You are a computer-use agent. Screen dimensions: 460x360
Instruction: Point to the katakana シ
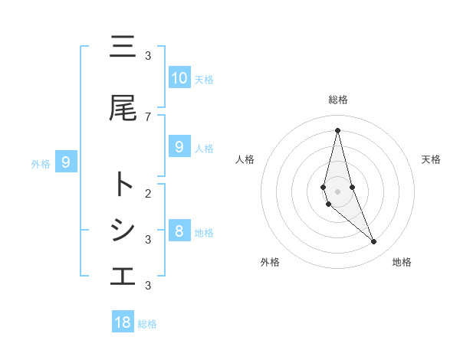(123, 231)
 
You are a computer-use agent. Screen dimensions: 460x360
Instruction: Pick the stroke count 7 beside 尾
(148, 116)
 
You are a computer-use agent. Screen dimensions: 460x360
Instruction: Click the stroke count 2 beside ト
(148, 193)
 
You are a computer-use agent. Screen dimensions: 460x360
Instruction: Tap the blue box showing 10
(179, 78)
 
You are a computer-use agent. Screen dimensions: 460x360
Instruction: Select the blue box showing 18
(123, 322)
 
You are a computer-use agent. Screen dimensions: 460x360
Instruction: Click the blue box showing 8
(179, 231)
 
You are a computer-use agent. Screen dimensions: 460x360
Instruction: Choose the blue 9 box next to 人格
(179, 147)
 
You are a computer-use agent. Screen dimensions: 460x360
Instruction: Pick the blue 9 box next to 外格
(66, 162)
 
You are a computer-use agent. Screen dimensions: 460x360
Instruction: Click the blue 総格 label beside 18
(147, 324)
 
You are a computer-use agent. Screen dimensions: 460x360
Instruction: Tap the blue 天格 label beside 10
(204, 80)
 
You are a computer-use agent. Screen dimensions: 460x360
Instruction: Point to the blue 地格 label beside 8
(204, 233)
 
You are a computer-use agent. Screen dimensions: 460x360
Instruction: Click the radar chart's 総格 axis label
(337, 100)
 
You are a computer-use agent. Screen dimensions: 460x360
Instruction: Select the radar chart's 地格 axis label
(402, 262)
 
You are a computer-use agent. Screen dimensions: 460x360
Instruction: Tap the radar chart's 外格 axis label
(270, 262)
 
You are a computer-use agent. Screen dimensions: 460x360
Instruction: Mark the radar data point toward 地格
(374, 242)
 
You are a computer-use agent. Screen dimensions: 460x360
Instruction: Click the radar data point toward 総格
(337, 129)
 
